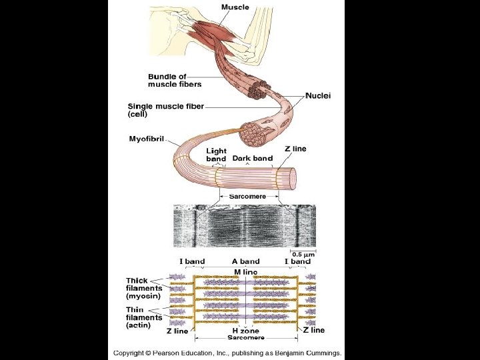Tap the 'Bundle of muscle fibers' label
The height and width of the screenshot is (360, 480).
coord(175,81)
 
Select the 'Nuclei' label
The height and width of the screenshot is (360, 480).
coord(318,96)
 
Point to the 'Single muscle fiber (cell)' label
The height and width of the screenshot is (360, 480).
coord(165,110)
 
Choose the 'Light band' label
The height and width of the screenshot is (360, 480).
coord(216,155)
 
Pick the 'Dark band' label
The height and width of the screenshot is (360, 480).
coord(252,159)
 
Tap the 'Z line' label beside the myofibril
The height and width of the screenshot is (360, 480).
coord(295,149)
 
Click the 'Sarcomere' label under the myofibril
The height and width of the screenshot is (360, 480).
coord(247,197)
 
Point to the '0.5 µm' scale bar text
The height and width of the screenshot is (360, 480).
coord(303,254)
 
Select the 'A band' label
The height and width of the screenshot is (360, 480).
coord(245,261)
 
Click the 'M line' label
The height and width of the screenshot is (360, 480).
coord(245,272)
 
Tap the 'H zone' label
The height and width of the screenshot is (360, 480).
coord(246,331)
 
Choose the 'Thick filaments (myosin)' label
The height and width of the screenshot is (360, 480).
coord(144,289)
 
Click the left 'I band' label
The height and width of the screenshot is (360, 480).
coord(192,261)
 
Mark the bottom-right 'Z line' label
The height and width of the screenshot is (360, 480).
coord(313,330)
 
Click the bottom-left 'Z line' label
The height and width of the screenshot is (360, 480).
coord(177,331)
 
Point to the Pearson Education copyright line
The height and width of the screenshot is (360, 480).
coord(227,353)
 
